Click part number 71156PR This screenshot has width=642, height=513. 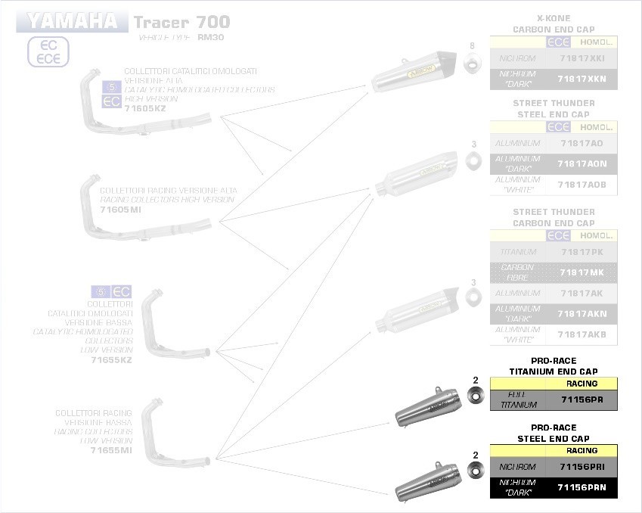click(x=582, y=400)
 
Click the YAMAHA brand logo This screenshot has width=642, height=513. click(x=73, y=20)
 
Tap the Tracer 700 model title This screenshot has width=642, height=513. click(x=181, y=22)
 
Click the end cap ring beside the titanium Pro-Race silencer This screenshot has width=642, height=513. click(x=476, y=395)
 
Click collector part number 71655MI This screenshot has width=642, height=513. click(x=111, y=450)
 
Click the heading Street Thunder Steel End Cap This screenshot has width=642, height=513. click(x=553, y=109)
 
